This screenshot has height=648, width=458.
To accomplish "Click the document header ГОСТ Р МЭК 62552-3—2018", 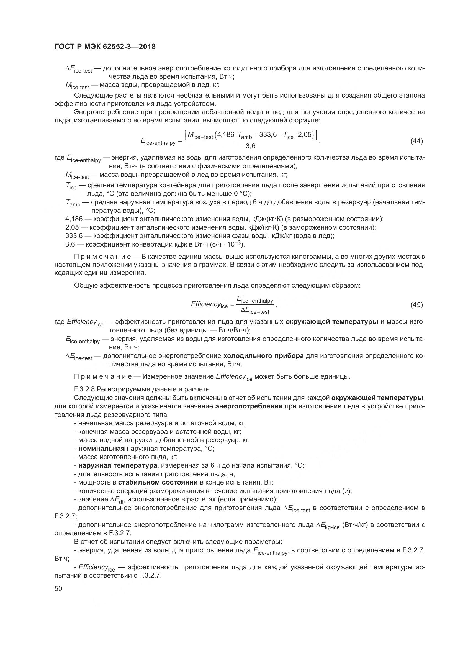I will click(105, 47).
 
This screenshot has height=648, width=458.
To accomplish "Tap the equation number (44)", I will click(416, 141).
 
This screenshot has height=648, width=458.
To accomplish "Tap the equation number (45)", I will click(416, 305).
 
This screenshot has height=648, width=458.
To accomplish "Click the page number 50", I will click(58, 588).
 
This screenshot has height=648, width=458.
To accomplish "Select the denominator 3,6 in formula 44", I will click(250, 146).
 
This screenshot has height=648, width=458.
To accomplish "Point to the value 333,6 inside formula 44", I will click(267, 135).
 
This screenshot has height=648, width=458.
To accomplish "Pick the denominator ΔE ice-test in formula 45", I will click(255, 311).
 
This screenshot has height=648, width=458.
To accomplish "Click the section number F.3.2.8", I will click(84, 390).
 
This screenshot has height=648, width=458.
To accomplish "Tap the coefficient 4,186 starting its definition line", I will click(74, 219).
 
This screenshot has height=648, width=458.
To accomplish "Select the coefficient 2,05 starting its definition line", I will click(72, 227).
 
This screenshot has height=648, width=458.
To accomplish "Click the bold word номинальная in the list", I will click(102, 449).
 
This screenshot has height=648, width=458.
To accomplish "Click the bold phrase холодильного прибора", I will click(263, 356).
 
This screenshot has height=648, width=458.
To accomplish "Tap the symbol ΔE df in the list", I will click(117, 500).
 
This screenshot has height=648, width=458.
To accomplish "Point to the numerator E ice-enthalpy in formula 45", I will click(255, 299).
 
